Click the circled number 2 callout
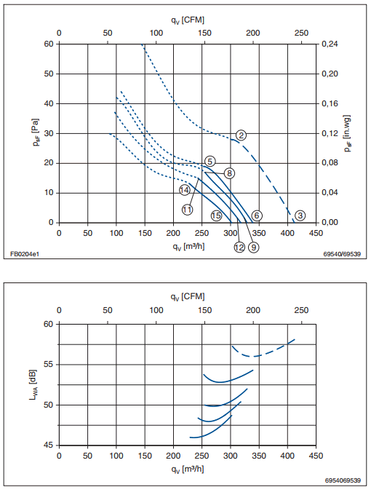click(241, 135)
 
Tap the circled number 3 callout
click(300, 215)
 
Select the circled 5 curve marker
click(210, 162)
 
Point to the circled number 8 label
click(229, 173)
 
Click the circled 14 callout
click(185, 190)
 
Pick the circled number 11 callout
click(187, 210)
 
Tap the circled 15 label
click(216, 215)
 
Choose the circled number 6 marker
click(257, 215)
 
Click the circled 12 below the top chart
click(239, 247)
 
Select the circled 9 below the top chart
click(254, 247)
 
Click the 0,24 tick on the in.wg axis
click(330, 44)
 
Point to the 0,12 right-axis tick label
click(330, 133)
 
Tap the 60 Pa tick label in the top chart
click(49, 44)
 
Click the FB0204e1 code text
click(25, 254)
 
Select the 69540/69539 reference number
click(342, 254)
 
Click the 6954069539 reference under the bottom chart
click(343, 480)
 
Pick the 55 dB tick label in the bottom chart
click(49, 365)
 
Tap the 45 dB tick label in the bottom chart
click(49, 445)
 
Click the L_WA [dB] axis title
click(33, 385)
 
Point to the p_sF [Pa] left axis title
click(36, 132)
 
